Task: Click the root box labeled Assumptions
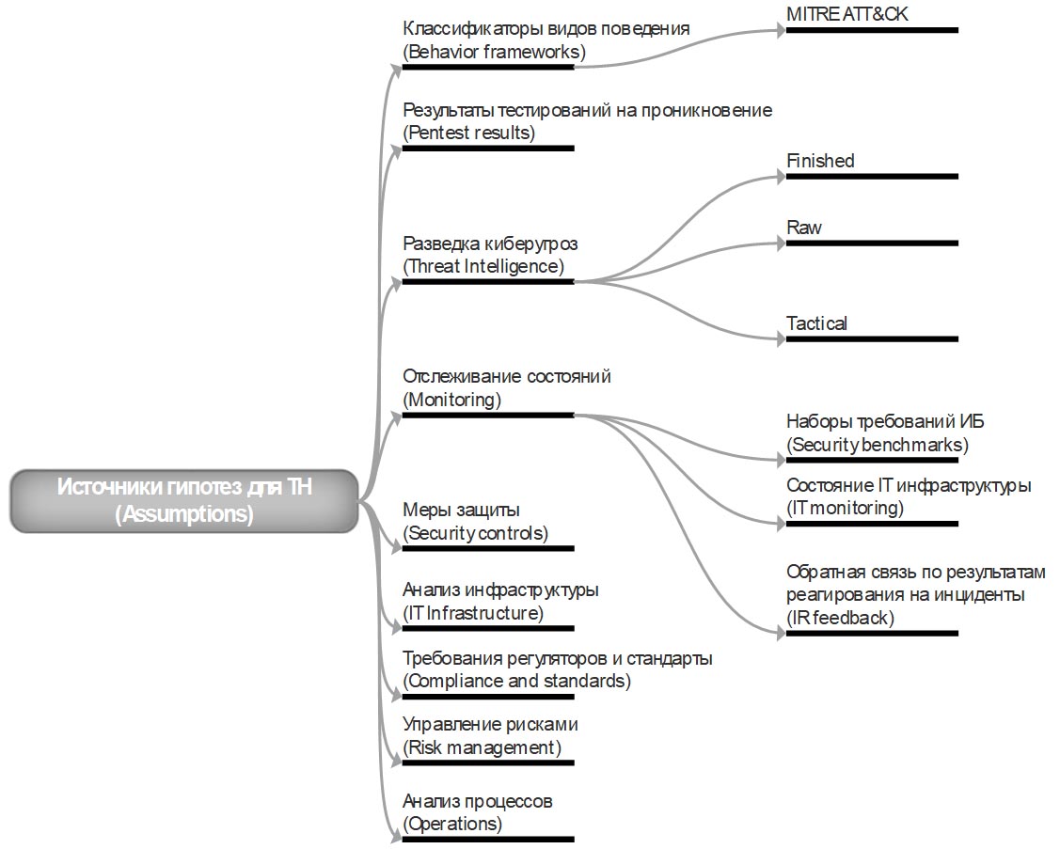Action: [x=184, y=501]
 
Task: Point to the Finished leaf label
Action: [x=820, y=161]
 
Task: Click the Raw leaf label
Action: [x=803, y=228]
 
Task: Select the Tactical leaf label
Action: [x=816, y=323]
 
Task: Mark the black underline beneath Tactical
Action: [x=872, y=339]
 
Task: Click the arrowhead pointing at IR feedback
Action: [x=780, y=634]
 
